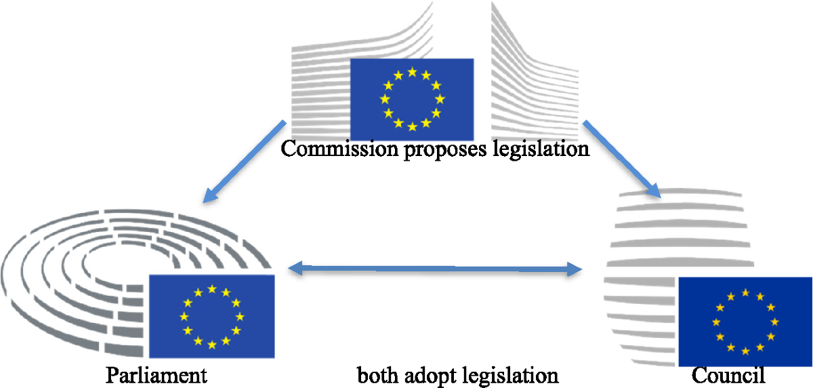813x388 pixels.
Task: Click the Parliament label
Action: pyautogui.click(x=156, y=375)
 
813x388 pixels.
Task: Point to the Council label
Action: pyautogui.click(x=728, y=375)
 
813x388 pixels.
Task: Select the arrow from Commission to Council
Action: pyautogui.click(x=621, y=159)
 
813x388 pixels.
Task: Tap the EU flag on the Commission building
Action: pyautogui.click(x=411, y=99)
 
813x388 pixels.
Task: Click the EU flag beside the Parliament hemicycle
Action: pyautogui.click(x=211, y=316)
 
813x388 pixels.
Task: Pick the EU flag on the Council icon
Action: pyautogui.click(x=745, y=322)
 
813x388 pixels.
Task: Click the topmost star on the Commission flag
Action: pyautogui.click(x=412, y=73)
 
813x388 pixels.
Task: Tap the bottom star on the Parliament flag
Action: pyautogui.click(x=211, y=345)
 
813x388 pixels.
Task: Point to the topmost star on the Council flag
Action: pyautogui.click(x=745, y=293)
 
